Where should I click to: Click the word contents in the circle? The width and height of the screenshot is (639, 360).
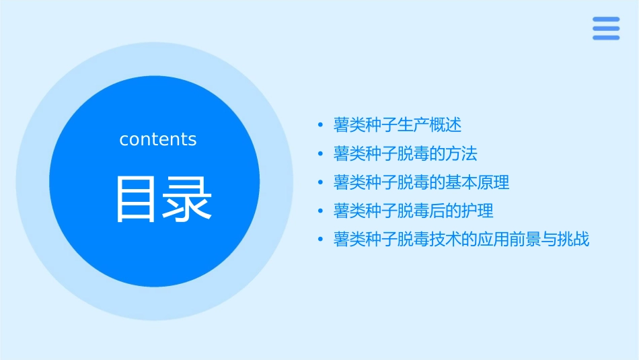coord(158,139)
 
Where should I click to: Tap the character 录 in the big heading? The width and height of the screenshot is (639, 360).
coord(186,199)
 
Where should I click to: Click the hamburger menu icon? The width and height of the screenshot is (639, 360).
coord(606,28)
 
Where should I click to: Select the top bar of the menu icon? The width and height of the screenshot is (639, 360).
coord(606,19)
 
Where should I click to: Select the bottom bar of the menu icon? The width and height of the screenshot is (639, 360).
coord(606,38)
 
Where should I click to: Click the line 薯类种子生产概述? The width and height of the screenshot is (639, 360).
coord(398,125)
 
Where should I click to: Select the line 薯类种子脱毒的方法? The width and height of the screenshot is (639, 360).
coord(406,153)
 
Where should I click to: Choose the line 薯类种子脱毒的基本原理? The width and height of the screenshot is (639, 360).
coord(422,182)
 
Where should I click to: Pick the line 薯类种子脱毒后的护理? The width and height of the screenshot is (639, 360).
coord(414,211)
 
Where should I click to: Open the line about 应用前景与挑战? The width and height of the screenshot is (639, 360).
coord(461,240)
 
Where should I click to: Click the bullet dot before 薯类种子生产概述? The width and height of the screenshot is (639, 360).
coord(322,125)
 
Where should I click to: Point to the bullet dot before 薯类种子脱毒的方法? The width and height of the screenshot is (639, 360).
coord(322,154)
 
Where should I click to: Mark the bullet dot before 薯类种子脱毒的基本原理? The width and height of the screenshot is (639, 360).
coord(322,182)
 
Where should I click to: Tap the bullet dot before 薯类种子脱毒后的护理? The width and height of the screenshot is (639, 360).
coord(322,211)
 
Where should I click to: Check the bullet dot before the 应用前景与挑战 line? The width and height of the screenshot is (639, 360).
coord(322,240)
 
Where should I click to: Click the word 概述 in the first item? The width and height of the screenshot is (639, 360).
coord(446,125)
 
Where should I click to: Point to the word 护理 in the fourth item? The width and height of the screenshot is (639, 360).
coord(478,211)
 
